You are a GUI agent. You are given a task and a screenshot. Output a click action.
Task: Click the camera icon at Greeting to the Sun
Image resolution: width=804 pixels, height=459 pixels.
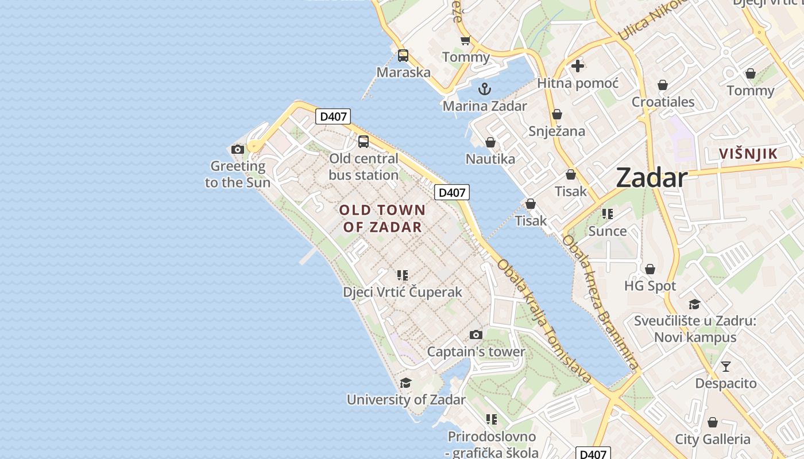237,150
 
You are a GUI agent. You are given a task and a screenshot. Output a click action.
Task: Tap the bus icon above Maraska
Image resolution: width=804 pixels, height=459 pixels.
403,56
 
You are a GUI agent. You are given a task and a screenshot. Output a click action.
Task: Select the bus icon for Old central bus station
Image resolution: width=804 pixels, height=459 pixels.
364,142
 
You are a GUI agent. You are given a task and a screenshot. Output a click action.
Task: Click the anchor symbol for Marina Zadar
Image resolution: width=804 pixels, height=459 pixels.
485,89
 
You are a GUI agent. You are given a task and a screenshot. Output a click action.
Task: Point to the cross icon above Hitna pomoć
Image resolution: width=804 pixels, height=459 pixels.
578,66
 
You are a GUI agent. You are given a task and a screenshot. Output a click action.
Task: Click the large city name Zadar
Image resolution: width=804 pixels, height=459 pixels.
651,178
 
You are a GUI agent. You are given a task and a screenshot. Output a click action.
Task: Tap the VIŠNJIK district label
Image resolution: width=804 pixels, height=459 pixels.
748,154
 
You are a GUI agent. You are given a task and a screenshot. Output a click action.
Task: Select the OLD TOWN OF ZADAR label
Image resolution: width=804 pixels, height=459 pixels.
382,219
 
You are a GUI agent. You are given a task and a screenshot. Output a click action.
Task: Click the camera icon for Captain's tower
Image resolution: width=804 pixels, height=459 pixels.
476,334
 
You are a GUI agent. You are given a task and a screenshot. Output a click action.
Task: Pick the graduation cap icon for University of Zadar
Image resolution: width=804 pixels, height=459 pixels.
406,383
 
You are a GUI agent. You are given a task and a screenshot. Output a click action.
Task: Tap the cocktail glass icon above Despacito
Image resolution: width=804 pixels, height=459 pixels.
726,366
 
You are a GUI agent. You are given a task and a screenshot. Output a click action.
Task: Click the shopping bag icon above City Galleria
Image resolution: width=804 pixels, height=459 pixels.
713,422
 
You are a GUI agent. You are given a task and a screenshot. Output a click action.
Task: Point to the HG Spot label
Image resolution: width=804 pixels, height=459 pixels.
650,286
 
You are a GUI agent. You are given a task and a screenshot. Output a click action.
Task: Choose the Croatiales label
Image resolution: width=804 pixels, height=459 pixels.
663,102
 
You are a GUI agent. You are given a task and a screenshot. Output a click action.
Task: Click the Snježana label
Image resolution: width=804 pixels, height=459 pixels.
557,131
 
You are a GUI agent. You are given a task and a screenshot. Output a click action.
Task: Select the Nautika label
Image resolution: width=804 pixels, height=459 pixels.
490,159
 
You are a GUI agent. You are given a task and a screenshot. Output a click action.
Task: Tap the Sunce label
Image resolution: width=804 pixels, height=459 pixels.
608,231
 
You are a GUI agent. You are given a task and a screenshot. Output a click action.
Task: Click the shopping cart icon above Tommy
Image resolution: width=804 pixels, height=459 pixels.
465,40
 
